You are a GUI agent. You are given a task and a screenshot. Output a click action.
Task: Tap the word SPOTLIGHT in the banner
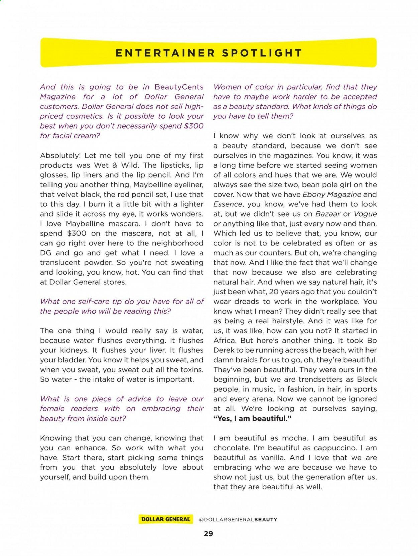[262, 53]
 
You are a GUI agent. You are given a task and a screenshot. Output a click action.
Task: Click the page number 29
[208, 534]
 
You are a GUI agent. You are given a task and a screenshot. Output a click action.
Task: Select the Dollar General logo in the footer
[166, 519]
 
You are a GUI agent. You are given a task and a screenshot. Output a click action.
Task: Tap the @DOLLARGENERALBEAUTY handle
[238, 519]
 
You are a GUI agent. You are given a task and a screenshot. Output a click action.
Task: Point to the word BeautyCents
[179, 87]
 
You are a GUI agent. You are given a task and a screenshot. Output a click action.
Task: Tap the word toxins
[191, 370]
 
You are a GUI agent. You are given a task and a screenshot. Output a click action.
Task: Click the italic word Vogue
[365, 214]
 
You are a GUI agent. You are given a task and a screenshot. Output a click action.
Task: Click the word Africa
[226, 341]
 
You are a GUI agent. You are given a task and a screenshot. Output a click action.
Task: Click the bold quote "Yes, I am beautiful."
[252, 419]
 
